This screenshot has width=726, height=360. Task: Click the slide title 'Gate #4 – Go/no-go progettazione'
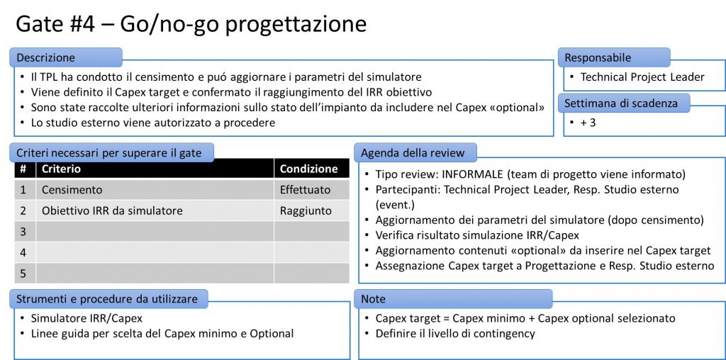pos(191,25)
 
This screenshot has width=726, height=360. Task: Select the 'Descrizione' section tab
pos(66,57)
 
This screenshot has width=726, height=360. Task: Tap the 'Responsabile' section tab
pos(614,57)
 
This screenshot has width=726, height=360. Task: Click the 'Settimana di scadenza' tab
pos(624,103)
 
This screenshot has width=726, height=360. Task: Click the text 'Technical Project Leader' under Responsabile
pos(642,77)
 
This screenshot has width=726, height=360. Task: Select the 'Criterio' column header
pos(61,169)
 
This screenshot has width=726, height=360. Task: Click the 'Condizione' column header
pos(309,169)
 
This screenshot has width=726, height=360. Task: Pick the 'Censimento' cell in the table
pos(72,190)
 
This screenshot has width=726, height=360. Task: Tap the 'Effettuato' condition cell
pos(305,190)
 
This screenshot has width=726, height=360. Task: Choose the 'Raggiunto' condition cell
pos(306,211)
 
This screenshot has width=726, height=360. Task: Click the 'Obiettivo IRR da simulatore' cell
pos(112,211)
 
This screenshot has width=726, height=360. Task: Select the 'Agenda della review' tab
pos(415,152)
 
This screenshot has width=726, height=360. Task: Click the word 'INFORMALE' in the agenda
pos(472,175)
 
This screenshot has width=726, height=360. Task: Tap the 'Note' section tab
pos(453,299)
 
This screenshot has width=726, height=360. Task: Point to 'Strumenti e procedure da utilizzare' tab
pos(108,299)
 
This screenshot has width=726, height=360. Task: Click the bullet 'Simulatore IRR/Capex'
pos(86,318)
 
